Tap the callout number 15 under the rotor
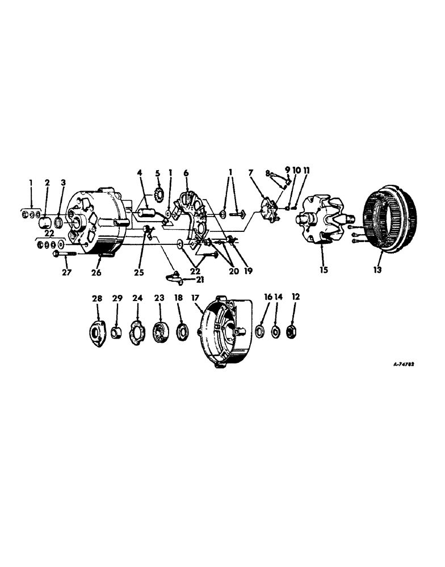pyautogui.click(x=323, y=270)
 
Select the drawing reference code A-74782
pyautogui.click(x=404, y=366)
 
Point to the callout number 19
pyautogui.click(x=248, y=270)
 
